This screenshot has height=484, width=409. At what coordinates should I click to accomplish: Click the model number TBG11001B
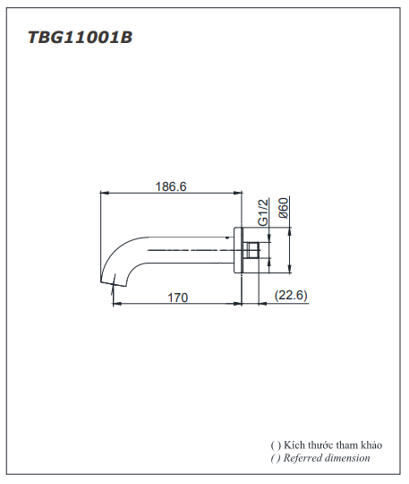click(81, 39)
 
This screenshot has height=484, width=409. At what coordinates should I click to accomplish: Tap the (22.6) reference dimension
click(289, 296)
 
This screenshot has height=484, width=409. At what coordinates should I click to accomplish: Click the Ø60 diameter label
click(283, 209)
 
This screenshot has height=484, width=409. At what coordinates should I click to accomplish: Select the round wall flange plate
click(240, 249)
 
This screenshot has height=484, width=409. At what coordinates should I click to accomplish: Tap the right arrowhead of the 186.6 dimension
click(240, 192)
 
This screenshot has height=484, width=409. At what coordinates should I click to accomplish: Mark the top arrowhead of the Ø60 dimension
click(290, 228)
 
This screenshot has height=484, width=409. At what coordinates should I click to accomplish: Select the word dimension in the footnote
click(348, 457)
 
